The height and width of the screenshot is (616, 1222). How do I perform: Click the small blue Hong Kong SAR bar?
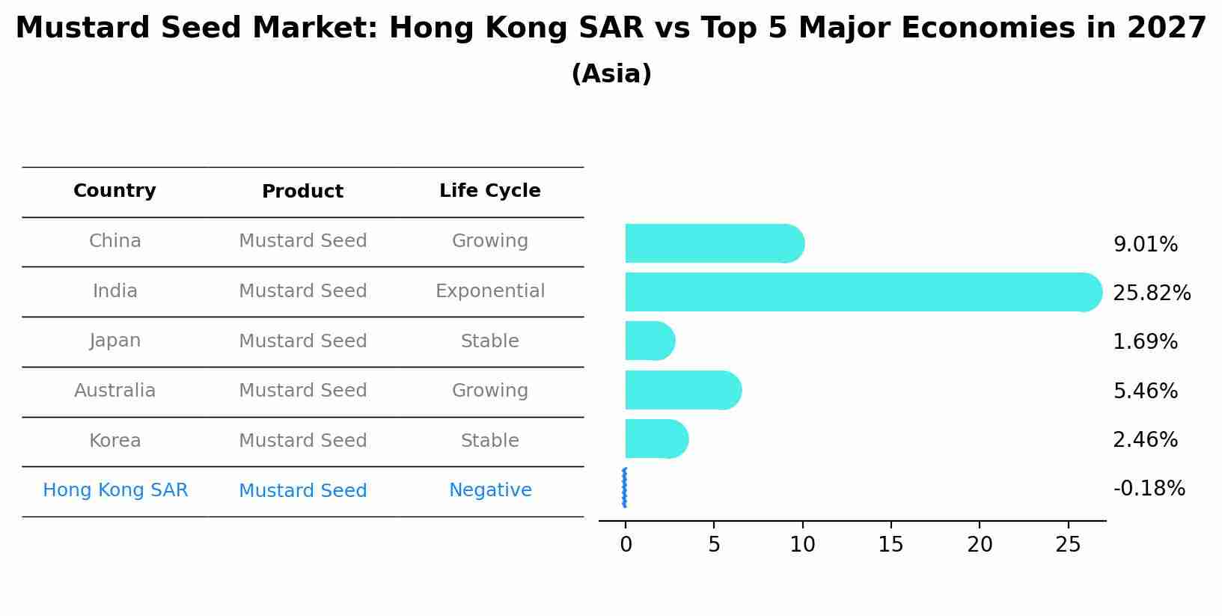pyautogui.click(x=624, y=488)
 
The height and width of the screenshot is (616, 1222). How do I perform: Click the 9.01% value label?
pyautogui.click(x=1145, y=245)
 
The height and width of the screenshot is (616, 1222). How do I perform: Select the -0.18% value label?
pyautogui.click(x=1149, y=489)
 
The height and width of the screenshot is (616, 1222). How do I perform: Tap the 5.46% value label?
pyautogui.click(x=1145, y=391)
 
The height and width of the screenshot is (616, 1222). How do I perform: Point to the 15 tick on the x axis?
pyautogui.click(x=890, y=545)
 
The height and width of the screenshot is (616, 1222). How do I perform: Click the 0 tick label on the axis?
pyautogui.click(x=626, y=545)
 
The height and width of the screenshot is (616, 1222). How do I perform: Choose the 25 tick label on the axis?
pyautogui.click(x=1068, y=545)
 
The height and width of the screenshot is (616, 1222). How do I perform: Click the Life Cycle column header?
pyautogui.click(x=489, y=191)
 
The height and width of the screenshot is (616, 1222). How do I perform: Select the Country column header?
pyautogui.click(x=114, y=191)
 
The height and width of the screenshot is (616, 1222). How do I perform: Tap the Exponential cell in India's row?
pyautogui.click(x=489, y=291)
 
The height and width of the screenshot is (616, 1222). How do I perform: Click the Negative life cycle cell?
pyautogui.click(x=489, y=490)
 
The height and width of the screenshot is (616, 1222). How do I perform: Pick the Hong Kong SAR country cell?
pyautogui.click(x=115, y=490)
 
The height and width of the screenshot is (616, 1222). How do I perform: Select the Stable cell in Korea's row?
pyautogui.click(x=489, y=441)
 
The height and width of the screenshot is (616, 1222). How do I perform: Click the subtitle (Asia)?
pyautogui.click(x=611, y=74)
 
